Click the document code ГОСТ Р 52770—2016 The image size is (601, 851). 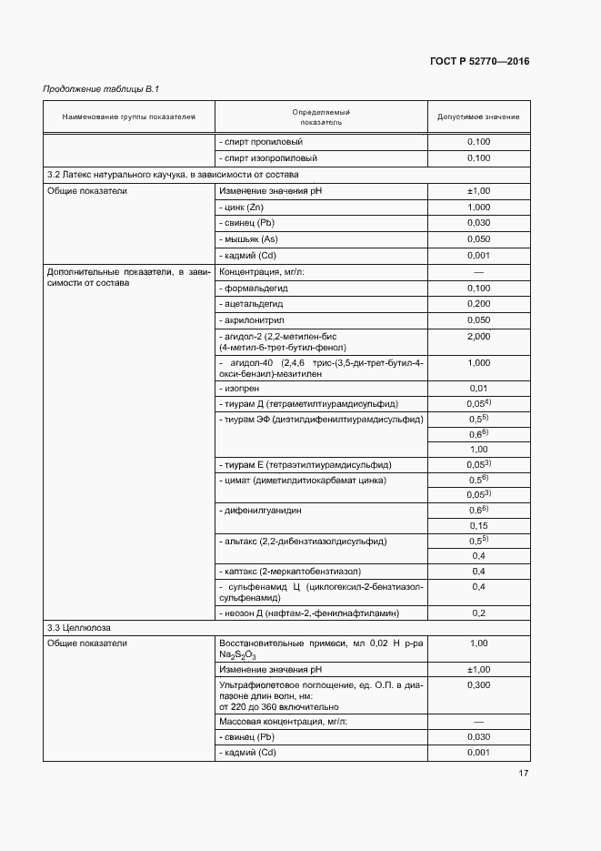click(478, 62)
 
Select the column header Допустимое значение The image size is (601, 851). click(478, 117)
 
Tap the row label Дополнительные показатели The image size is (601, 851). click(127, 278)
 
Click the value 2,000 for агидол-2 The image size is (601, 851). click(478, 337)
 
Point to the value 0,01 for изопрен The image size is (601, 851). click(478, 389)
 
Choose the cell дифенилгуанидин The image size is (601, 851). click(259, 511)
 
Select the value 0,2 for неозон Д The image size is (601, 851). click(478, 613)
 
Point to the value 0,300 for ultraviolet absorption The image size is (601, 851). click(478, 684)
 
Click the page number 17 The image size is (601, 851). click(523, 774)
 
